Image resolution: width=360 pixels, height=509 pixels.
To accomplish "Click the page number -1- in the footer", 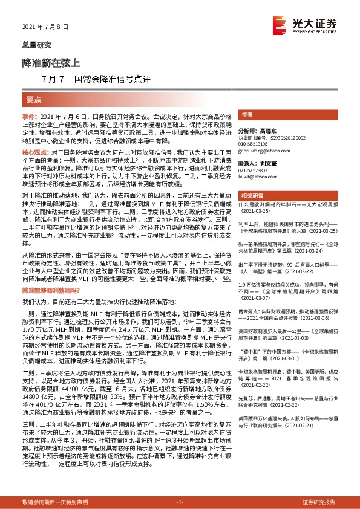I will click(180, 502).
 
